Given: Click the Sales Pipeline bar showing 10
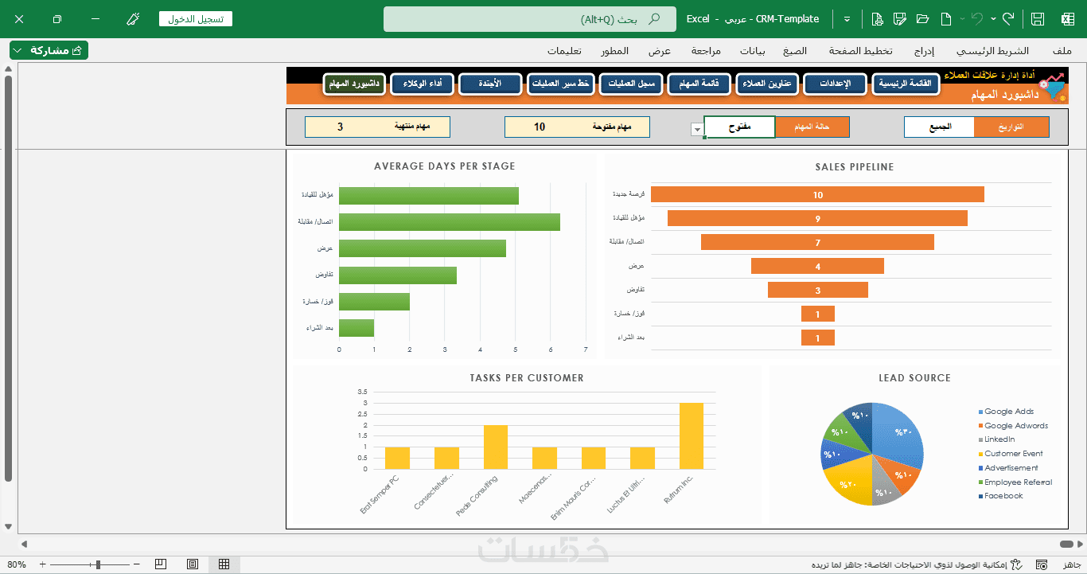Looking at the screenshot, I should click(817, 194).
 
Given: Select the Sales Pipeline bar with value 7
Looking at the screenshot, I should click(817, 242).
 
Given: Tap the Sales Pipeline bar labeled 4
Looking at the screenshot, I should click(817, 266).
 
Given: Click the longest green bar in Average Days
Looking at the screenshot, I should click(450, 222).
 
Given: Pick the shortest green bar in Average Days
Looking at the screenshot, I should click(356, 327).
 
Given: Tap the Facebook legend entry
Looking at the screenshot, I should click(1003, 496).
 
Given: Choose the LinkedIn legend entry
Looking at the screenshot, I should click(999, 439).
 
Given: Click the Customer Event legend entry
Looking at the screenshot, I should click(1014, 454).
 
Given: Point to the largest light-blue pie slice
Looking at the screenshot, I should click(898, 435).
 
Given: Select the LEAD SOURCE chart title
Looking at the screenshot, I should click(914, 378).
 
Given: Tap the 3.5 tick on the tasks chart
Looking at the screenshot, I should click(362, 392).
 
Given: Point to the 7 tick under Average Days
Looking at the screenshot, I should click(586, 349).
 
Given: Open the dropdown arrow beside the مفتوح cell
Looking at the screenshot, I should click(697, 129).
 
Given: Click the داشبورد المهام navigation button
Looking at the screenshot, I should click(354, 84).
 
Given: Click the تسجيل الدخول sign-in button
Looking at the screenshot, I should click(195, 18).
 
